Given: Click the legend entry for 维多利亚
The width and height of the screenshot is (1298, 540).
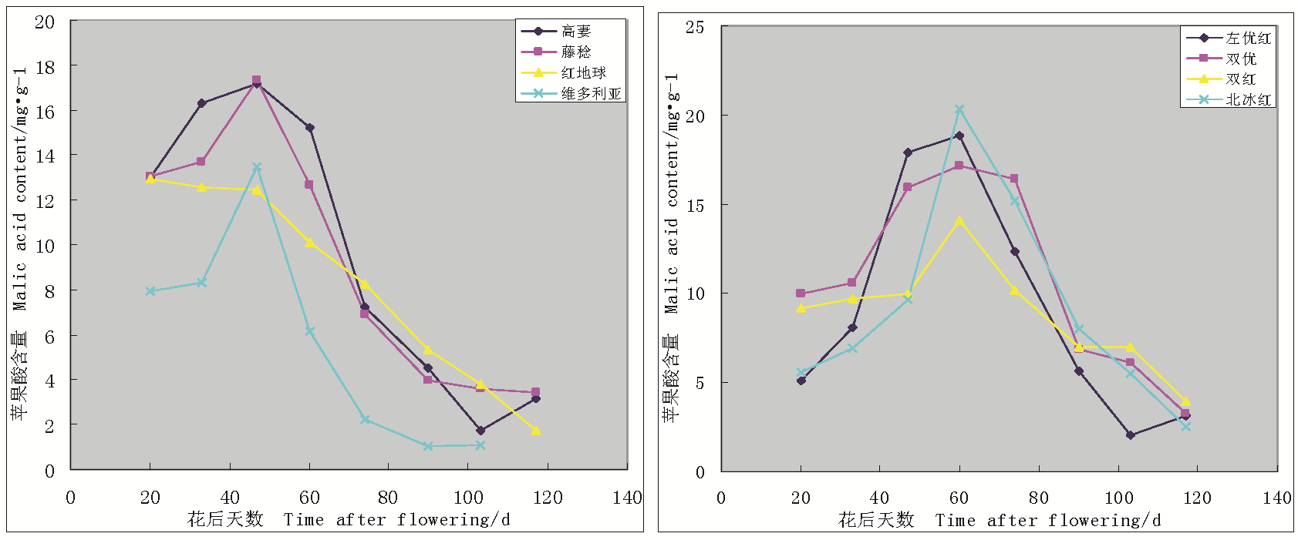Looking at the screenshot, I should click(590, 93).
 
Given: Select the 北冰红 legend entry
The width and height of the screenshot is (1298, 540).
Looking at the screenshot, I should click(1248, 99).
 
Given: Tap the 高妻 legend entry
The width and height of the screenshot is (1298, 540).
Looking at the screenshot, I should click(575, 31).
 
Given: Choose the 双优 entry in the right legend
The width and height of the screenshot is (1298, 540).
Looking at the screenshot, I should click(1240, 59).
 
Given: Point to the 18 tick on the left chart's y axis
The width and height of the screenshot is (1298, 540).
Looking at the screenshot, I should click(46, 67).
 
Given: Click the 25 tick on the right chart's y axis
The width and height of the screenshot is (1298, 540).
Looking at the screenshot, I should click(695, 28).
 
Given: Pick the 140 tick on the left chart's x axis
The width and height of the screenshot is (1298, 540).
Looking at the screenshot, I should click(627, 498).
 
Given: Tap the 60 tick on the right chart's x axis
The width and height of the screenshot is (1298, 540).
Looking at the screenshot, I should click(959, 498).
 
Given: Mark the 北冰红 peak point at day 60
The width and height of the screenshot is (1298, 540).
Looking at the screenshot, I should click(959, 110).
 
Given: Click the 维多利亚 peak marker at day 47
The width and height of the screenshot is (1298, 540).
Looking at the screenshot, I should click(257, 167).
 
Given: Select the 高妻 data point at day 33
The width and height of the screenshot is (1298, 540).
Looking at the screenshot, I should click(202, 103).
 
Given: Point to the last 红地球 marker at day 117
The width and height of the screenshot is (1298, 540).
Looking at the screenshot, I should click(536, 431).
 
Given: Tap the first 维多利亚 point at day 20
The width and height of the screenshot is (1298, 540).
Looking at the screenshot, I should click(150, 291).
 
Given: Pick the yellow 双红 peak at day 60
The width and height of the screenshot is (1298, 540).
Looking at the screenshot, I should click(959, 221).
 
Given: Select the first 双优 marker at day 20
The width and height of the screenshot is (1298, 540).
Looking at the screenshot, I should click(801, 293).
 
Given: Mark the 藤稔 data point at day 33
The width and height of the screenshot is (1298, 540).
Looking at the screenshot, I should click(201, 162).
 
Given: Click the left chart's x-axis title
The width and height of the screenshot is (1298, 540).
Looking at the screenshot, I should click(349, 520).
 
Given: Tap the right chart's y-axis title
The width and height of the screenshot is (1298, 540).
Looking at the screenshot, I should click(671, 247).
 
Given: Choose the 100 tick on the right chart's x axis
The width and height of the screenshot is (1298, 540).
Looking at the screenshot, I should click(1118, 498).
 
